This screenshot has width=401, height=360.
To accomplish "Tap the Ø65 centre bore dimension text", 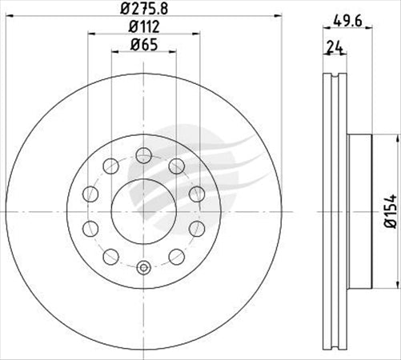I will [x=144, y=45].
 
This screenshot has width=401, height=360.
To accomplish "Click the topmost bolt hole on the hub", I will [x=144, y=154].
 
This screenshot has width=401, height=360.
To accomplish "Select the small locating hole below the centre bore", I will [x=144, y=268].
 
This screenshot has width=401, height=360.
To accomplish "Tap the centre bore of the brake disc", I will [x=144, y=210].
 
